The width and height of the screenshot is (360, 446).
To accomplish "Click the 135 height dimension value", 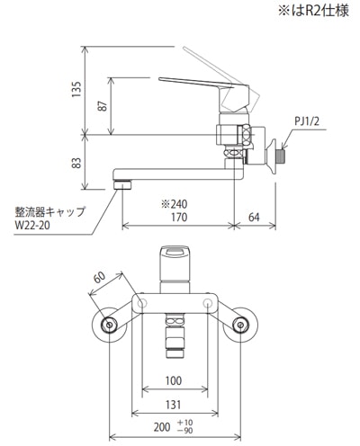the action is click(76, 89).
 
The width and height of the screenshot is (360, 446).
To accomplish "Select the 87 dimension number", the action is click(103, 106).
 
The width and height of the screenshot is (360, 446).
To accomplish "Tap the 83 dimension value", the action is click(76, 163).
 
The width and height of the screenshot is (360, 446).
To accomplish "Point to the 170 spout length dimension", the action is click(179, 217).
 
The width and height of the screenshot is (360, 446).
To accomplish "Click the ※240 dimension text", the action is click(175, 204).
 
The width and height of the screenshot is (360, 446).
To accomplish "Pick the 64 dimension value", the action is click(254, 217).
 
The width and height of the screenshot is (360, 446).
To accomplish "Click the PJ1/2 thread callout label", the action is click(308, 121).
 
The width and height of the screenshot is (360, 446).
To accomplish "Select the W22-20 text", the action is click(32, 225).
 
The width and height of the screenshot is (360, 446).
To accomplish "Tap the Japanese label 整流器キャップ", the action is click(50, 211).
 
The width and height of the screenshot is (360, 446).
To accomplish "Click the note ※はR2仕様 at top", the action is click(313, 11).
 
